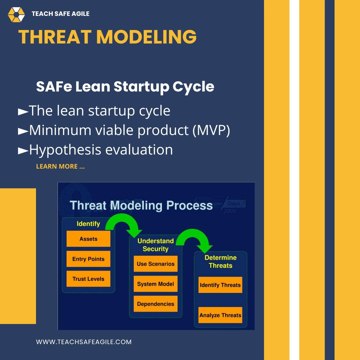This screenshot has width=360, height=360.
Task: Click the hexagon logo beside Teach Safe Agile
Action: point(16,14)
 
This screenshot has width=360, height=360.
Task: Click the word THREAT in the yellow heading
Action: point(55,37)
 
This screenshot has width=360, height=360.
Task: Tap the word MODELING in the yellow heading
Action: point(146,37)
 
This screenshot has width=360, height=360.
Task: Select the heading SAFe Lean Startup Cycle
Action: point(125,87)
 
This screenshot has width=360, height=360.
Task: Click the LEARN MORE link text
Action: point(60,166)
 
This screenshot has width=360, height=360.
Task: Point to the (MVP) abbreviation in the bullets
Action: point(211,130)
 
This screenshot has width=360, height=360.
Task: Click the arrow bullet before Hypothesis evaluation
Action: point(23,150)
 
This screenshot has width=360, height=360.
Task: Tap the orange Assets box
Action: point(88,239)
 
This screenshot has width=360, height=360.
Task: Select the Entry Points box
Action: point(88,259)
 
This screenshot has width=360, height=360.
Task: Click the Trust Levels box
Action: point(88,279)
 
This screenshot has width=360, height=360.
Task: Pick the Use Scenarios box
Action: point(155,264)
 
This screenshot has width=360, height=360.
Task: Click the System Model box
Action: point(155,284)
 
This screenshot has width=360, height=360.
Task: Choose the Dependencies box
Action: point(155,304)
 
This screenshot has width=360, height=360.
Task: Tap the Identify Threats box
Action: point(220,285)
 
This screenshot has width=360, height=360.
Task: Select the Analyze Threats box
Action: point(220,315)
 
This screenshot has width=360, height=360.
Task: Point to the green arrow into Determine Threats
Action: point(195,237)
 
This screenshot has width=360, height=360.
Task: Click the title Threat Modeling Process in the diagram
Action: point(141,205)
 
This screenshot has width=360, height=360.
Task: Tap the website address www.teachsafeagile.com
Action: point(84,342)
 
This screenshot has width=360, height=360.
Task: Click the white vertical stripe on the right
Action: point(294,180)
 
